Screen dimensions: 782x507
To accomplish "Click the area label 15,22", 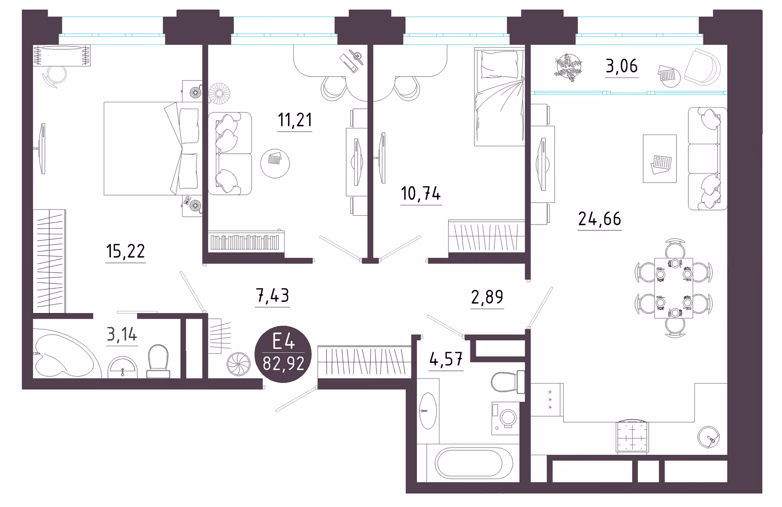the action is tap(125, 251).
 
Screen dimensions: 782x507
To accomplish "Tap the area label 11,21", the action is tap(295, 120).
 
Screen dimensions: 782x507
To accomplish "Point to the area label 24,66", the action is tap(600, 219).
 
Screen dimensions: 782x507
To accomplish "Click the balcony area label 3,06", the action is tap(622, 66).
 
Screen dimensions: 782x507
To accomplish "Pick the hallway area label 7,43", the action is tap(272, 295).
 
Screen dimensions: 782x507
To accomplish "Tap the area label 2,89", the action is tap(487, 297).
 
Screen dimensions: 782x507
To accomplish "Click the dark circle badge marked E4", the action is tap(283, 354).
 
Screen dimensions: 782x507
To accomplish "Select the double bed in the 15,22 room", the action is tap(153, 148).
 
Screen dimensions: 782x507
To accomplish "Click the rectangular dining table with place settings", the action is tap(674, 288).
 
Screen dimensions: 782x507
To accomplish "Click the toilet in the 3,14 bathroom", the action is tap(158, 362).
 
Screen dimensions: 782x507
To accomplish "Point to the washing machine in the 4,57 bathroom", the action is tap(505, 418).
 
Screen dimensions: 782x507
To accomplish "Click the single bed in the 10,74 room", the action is tap(500, 97).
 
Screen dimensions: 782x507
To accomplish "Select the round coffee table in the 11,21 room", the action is tap(275, 163).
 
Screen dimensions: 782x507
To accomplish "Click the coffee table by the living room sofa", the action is tap(660, 159).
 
